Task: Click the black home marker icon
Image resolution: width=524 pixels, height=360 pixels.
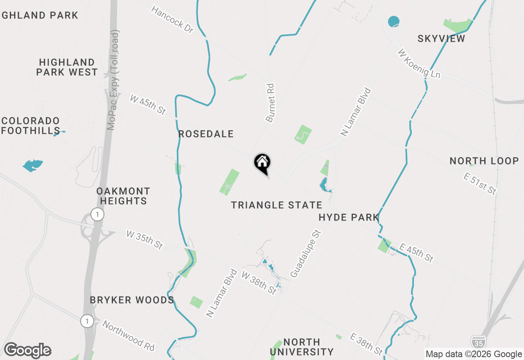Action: point(262,162)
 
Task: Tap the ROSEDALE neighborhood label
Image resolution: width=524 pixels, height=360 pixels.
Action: point(206,134)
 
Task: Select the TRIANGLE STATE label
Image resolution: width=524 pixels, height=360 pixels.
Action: point(276,205)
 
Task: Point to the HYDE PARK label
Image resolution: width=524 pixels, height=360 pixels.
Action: point(349,218)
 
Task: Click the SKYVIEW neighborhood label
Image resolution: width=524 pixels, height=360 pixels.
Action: point(441,39)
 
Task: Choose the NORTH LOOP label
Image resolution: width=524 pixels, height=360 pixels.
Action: point(484,161)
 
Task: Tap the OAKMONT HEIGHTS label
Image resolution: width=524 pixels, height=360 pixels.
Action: point(123,196)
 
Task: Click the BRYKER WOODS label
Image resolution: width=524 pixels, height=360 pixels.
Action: point(132,300)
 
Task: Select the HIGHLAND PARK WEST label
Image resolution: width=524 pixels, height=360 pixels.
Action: point(67,67)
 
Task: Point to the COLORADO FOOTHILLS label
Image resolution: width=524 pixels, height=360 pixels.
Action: point(31,126)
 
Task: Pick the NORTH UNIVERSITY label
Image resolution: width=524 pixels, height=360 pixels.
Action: point(302,346)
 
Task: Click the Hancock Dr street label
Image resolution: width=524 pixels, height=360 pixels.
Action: point(172,19)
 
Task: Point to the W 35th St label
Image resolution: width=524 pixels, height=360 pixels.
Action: point(145,240)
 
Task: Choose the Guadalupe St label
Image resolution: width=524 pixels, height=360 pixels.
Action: point(305,254)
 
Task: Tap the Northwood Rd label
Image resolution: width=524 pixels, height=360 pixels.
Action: point(129,335)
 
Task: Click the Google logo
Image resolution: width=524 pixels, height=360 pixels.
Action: point(27,350)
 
